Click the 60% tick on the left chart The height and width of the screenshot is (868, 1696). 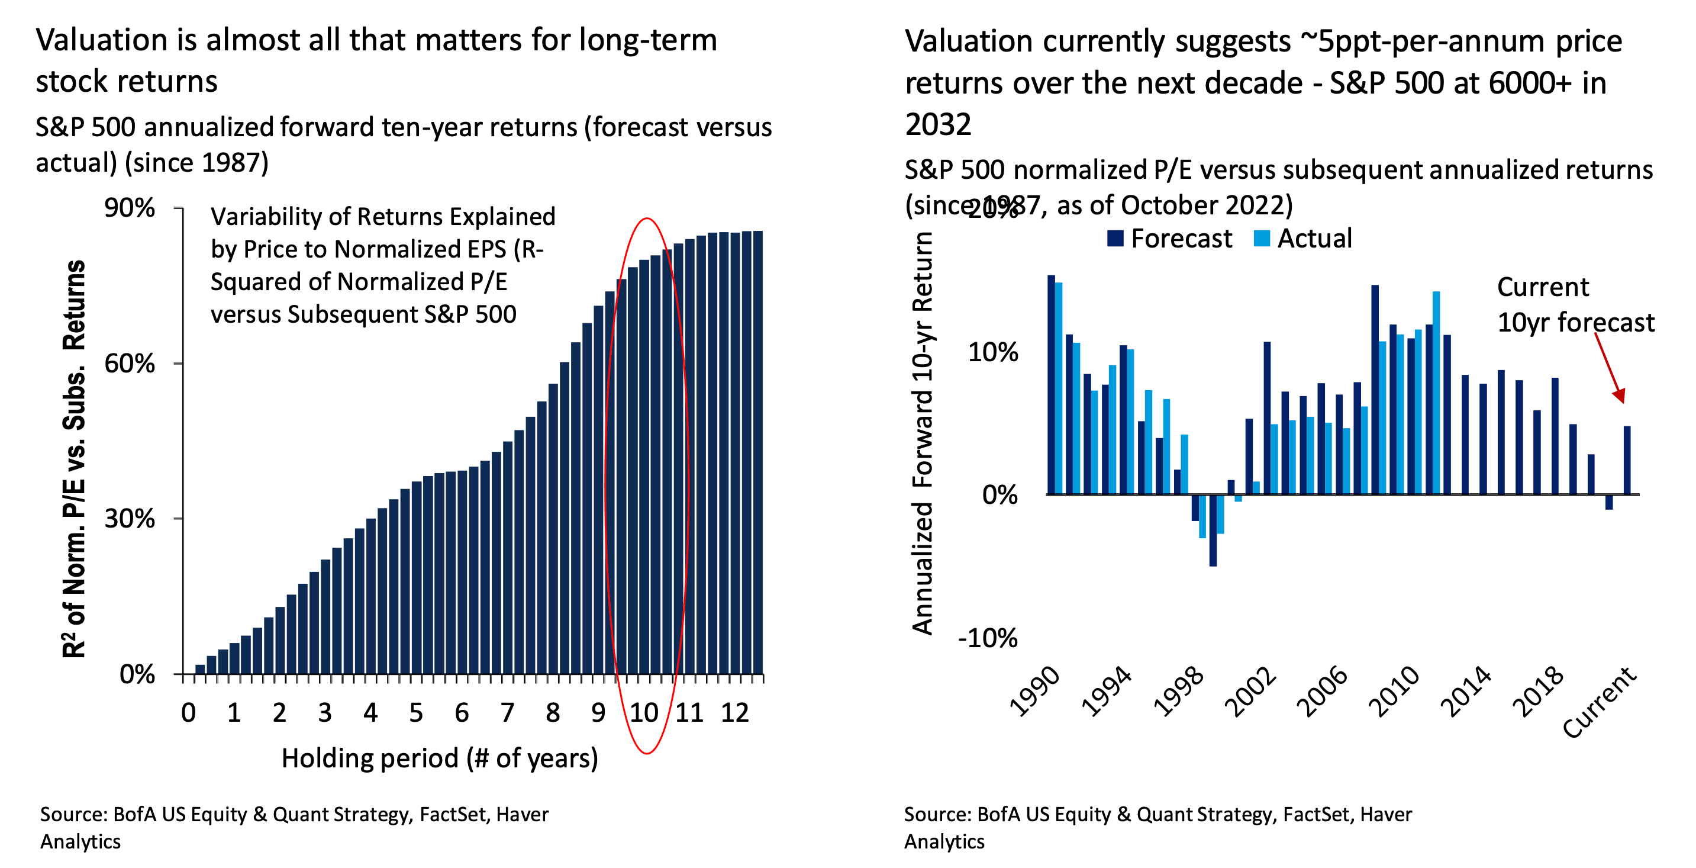tap(130, 363)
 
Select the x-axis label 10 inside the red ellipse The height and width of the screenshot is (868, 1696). tap(644, 712)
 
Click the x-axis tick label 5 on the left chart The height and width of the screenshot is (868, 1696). tap(415, 712)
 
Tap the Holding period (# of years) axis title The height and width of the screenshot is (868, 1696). tap(439, 758)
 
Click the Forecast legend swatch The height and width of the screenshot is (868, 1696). tap(1115, 239)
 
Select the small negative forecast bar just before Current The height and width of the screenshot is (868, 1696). tap(1609, 502)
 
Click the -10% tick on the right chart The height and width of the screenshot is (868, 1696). tap(988, 638)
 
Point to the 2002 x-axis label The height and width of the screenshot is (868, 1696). tap(1250, 692)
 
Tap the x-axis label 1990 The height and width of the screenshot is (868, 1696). tap(1034, 692)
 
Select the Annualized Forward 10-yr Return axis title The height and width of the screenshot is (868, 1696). tap(923, 433)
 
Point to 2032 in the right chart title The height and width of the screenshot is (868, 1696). tap(937, 124)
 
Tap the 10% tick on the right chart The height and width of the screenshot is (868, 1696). tap(992, 352)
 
